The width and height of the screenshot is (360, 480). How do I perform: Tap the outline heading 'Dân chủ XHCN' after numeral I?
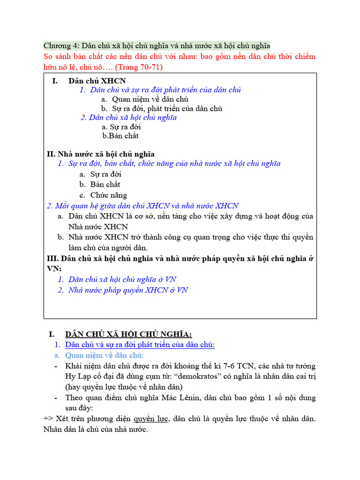pos(97,81)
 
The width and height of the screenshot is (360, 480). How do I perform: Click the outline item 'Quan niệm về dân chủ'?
pos(150,99)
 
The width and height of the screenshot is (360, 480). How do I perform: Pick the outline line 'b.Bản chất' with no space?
pos(120,136)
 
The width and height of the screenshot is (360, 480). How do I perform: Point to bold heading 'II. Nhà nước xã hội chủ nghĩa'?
pos(101,154)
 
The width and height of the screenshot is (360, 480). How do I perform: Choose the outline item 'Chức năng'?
pos(109,195)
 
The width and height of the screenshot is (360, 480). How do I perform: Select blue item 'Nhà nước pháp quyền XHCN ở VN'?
pos(128,290)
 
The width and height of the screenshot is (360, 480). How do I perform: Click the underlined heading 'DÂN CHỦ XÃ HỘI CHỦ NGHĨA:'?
pos(129,334)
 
